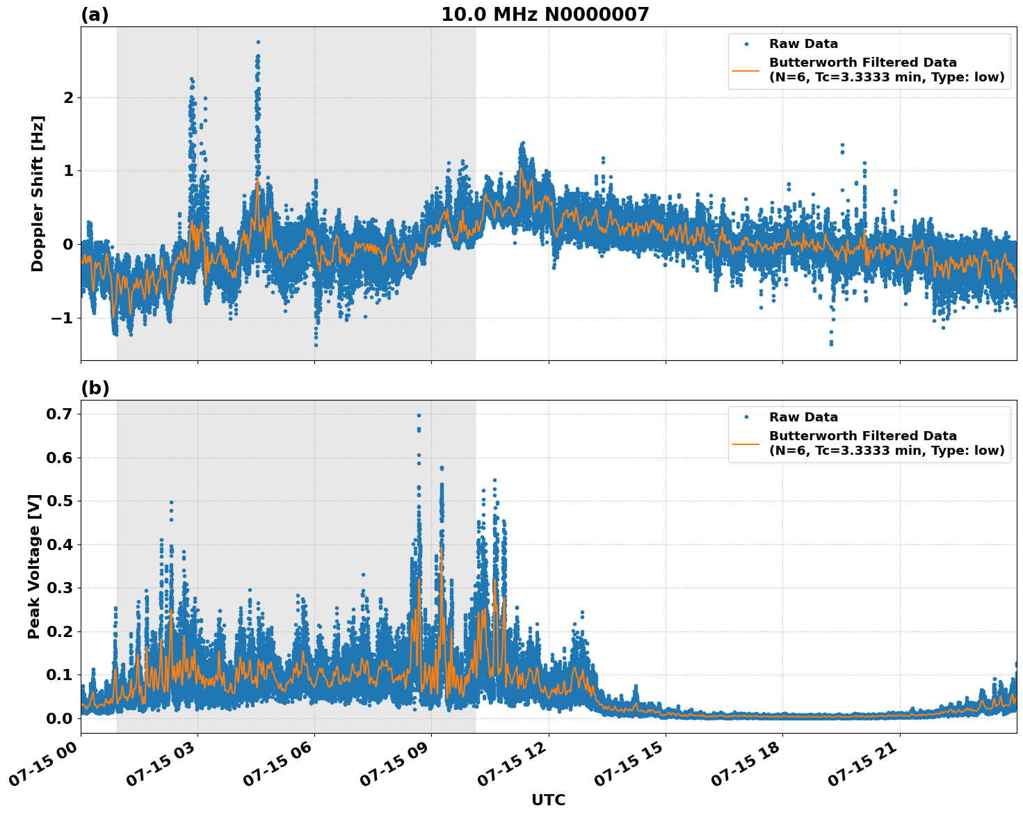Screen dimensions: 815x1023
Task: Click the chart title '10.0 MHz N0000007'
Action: point(545,15)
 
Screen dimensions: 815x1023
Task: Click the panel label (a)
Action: point(95,15)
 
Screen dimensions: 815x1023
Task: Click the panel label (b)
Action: point(95,388)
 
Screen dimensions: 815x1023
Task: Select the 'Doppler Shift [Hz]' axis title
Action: point(38,193)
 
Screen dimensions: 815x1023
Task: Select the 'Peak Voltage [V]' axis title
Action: point(34,566)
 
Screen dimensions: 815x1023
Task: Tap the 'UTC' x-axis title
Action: point(548,800)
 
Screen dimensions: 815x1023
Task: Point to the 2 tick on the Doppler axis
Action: point(68,97)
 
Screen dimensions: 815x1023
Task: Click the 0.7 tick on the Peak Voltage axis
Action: point(61,414)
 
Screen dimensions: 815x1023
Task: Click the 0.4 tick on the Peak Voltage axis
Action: point(61,544)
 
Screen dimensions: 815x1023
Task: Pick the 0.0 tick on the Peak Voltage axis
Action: point(61,718)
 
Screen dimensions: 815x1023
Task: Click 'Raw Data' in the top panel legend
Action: point(803,44)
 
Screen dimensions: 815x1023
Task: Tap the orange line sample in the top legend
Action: point(746,70)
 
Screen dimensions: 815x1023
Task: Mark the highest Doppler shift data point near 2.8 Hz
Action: point(258,42)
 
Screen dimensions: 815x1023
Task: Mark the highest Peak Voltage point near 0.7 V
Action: point(419,415)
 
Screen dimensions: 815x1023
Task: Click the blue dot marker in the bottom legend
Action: point(746,417)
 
